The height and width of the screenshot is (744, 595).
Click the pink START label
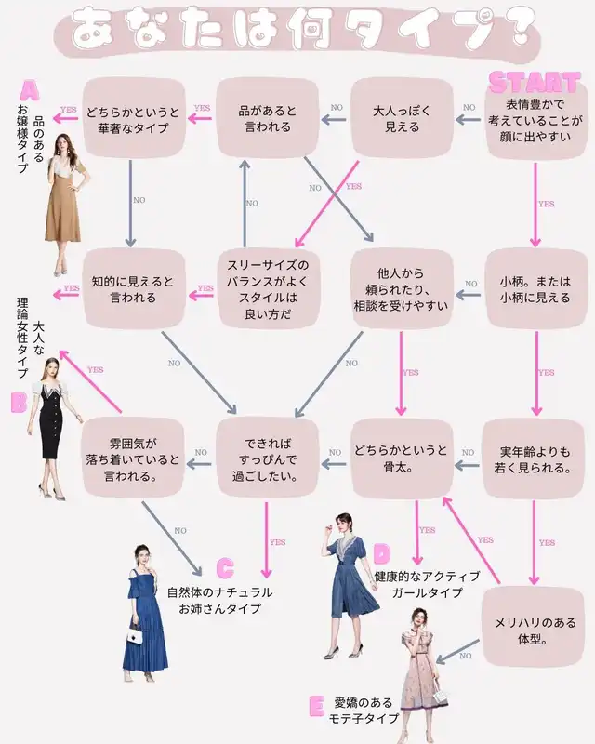534,81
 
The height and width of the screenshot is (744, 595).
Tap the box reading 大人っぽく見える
402,118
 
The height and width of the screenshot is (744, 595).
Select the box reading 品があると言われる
268,118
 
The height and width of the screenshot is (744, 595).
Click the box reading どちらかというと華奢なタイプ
135,118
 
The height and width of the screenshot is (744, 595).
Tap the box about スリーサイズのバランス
269,289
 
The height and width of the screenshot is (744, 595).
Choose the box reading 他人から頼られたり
402,289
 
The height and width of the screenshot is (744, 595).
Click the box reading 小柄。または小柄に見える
535,289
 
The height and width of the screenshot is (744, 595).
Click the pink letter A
29,91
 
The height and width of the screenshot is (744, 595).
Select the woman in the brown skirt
65,209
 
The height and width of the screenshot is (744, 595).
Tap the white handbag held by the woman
135,637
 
